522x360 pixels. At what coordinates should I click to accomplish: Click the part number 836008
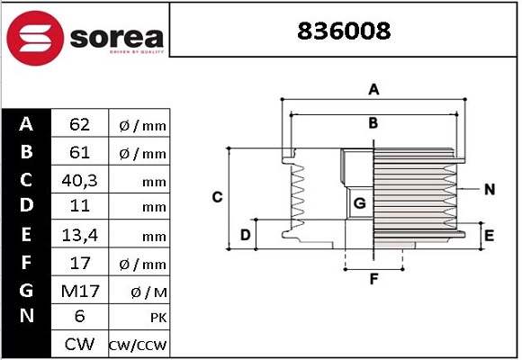click(x=345, y=31)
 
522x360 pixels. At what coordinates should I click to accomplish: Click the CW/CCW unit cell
click(x=138, y=346)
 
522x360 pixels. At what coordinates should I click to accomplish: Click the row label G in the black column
click(x=26, y=290)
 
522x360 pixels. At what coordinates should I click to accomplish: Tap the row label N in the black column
click(x=26, y=317)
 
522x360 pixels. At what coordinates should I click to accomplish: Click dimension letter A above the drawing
click(x=373, y=89)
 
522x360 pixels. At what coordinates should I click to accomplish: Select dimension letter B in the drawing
click(x=373, y=123)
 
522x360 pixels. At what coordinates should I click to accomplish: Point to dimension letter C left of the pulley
click(x=217, y=197)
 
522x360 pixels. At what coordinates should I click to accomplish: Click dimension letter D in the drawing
click(x=245, y=235)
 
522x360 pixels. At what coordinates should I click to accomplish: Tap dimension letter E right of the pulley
click(x=490, y=236)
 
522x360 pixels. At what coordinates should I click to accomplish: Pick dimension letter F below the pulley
click(x=373, y=278)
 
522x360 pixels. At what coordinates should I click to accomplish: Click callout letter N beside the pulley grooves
click(x=490, y=189)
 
